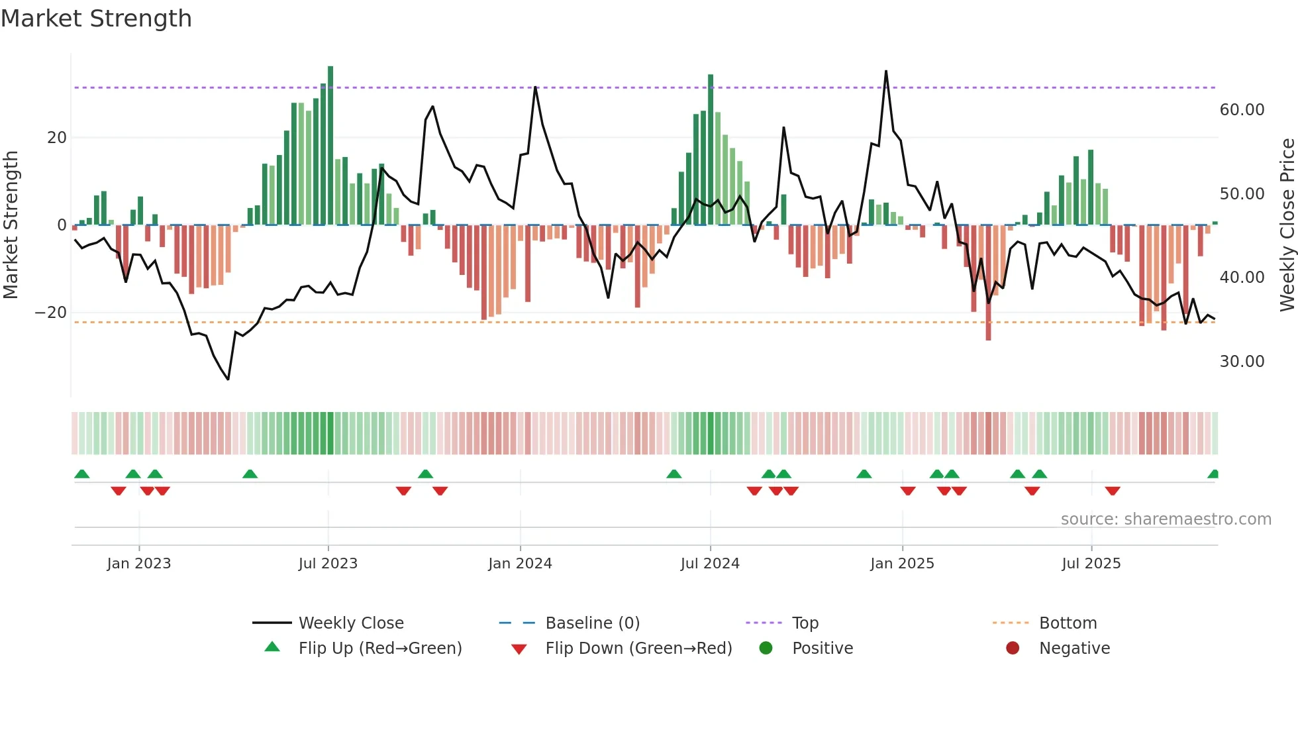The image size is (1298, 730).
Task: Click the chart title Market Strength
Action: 97,19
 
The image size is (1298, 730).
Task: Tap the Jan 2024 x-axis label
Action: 520,564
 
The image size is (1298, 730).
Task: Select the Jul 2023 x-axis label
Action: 328,564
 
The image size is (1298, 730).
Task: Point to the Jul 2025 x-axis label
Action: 1091,564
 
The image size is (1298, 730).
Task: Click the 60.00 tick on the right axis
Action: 1242,110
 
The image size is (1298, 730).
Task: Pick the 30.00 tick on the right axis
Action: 1242,362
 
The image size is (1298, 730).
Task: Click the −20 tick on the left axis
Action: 51,313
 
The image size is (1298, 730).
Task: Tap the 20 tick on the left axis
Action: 57,138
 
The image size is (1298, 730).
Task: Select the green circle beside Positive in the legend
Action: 766,649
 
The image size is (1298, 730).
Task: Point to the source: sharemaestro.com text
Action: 1166,519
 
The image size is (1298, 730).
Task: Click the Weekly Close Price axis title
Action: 1287,225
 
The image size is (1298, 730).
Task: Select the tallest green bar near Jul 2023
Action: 330,146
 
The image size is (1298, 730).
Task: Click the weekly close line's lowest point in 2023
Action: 228,379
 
